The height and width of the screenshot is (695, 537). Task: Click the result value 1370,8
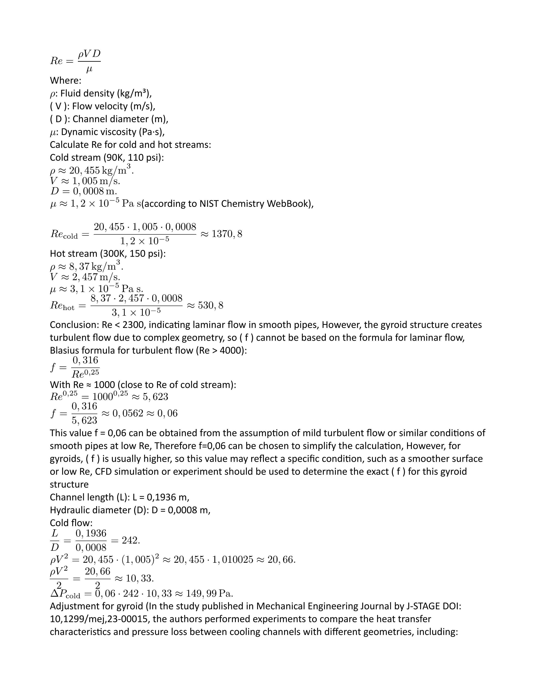point(227,234)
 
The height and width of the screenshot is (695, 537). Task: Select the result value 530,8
point(211,306)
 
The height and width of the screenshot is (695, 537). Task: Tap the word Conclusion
point(74,325)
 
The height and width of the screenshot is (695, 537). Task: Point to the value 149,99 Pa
point(219,594)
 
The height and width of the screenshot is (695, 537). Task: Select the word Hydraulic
point(71,510)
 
